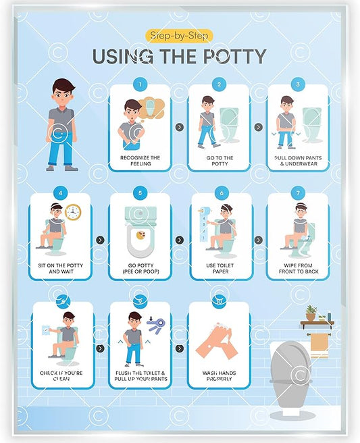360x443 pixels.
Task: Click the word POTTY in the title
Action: (228, 56)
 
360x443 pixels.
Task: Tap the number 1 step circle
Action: (140, 84)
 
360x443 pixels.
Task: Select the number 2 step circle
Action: (218, 84)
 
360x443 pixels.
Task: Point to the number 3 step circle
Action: (298, 84)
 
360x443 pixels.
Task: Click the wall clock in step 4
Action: (73, 212)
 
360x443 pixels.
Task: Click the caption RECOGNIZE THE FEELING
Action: (140, 161)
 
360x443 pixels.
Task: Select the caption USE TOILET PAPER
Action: (220, 269)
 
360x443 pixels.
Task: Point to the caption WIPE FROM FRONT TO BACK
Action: (298, 269)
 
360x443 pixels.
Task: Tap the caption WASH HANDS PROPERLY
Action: (218, 376)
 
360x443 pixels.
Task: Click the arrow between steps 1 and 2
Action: (179, 126)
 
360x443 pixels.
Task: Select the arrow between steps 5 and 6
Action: (180, 240)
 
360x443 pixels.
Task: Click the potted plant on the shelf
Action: (311, 313)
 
